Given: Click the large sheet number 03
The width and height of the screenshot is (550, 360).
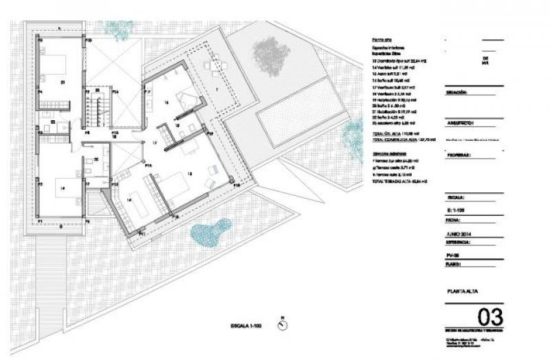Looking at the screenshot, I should [x=489, y=317].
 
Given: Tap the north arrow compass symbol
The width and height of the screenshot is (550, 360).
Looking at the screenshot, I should [x=283, y=325].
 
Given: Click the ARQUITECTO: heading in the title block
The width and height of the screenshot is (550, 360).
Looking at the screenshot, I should [x=462, y=124].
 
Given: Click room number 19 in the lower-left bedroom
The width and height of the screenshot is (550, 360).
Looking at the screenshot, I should [x=62, y=187].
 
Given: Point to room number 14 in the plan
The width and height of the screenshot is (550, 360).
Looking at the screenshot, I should [x=130, y=199].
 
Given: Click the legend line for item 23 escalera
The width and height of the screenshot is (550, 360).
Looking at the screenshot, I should [x=392, y=122].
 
